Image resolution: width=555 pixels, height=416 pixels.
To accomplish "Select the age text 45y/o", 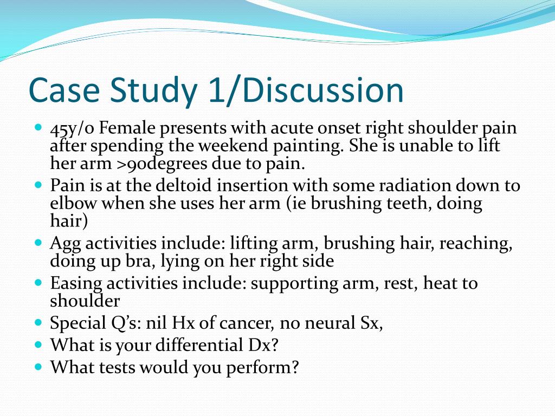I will pyautogui.click(x=72, y=129).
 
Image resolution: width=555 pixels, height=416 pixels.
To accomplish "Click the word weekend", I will pyautogui.click(x=232, y=146).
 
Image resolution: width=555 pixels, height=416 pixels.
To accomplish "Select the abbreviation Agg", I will pyautogui.click(x=64, y=244).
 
